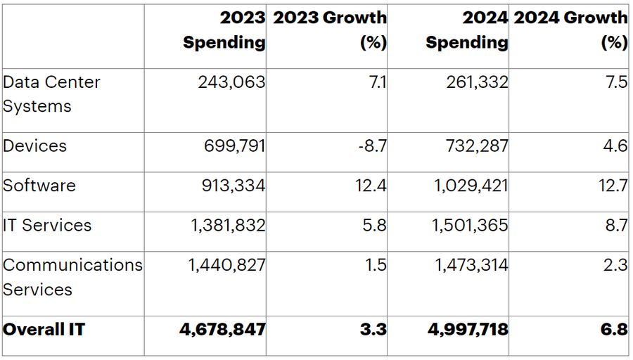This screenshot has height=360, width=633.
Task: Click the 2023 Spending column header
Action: coord(224,30)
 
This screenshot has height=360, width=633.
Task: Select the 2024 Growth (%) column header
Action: coord(570,30)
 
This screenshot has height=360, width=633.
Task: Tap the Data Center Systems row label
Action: coord(51,94)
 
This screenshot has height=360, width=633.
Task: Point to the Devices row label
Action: coord(35,146)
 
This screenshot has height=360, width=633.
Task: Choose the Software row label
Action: coord(39,186)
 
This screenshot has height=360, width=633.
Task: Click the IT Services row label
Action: coord(48,226)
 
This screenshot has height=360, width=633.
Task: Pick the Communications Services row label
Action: coord(72,277)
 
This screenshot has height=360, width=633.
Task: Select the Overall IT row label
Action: coord(44,329)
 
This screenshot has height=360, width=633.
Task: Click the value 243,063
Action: coord(231,82)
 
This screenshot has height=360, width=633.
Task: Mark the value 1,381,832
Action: coord(228,226)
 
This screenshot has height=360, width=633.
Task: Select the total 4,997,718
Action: coord(467,329)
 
